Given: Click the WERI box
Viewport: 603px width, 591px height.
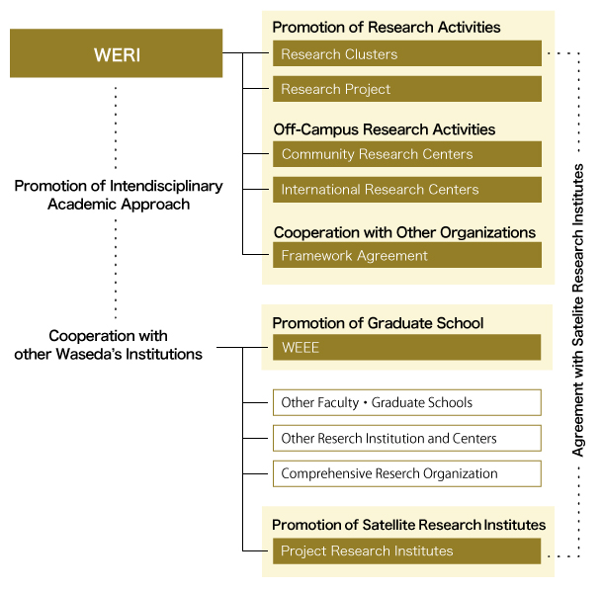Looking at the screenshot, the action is [116, 53].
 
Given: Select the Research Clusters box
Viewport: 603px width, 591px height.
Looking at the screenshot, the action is [407, 53].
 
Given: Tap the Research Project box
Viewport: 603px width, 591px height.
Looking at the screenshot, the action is [407, 89].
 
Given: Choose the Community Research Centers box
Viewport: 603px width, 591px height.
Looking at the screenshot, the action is [407, 154].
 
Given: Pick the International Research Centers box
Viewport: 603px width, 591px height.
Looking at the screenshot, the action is [407, 190].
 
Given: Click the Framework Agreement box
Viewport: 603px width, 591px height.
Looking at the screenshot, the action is [407, 255].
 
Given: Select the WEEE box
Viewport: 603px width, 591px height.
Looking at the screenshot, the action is [407, 347].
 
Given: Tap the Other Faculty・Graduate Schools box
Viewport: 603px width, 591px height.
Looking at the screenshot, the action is [407, 402].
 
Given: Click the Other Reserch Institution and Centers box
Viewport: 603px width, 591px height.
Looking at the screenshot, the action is [407, 438].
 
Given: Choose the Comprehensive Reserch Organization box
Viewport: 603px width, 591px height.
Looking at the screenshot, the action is [407, 473].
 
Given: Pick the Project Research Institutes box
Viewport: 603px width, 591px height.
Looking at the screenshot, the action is [407, 551].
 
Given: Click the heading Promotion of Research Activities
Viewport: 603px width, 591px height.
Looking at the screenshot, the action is [387, 28].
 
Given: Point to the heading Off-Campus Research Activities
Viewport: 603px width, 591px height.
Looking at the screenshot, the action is [385, 129].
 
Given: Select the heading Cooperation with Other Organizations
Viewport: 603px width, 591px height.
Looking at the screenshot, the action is [404, 232].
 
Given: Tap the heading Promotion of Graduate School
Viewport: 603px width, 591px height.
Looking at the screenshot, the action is [378, 323].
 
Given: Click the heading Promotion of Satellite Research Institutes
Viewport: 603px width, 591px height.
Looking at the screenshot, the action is [409, 525].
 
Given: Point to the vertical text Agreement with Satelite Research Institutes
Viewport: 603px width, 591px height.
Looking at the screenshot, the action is [578, 310].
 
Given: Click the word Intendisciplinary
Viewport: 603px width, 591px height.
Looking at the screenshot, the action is [166, 186].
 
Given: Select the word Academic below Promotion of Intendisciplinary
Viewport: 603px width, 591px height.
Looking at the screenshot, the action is [77, 205].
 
